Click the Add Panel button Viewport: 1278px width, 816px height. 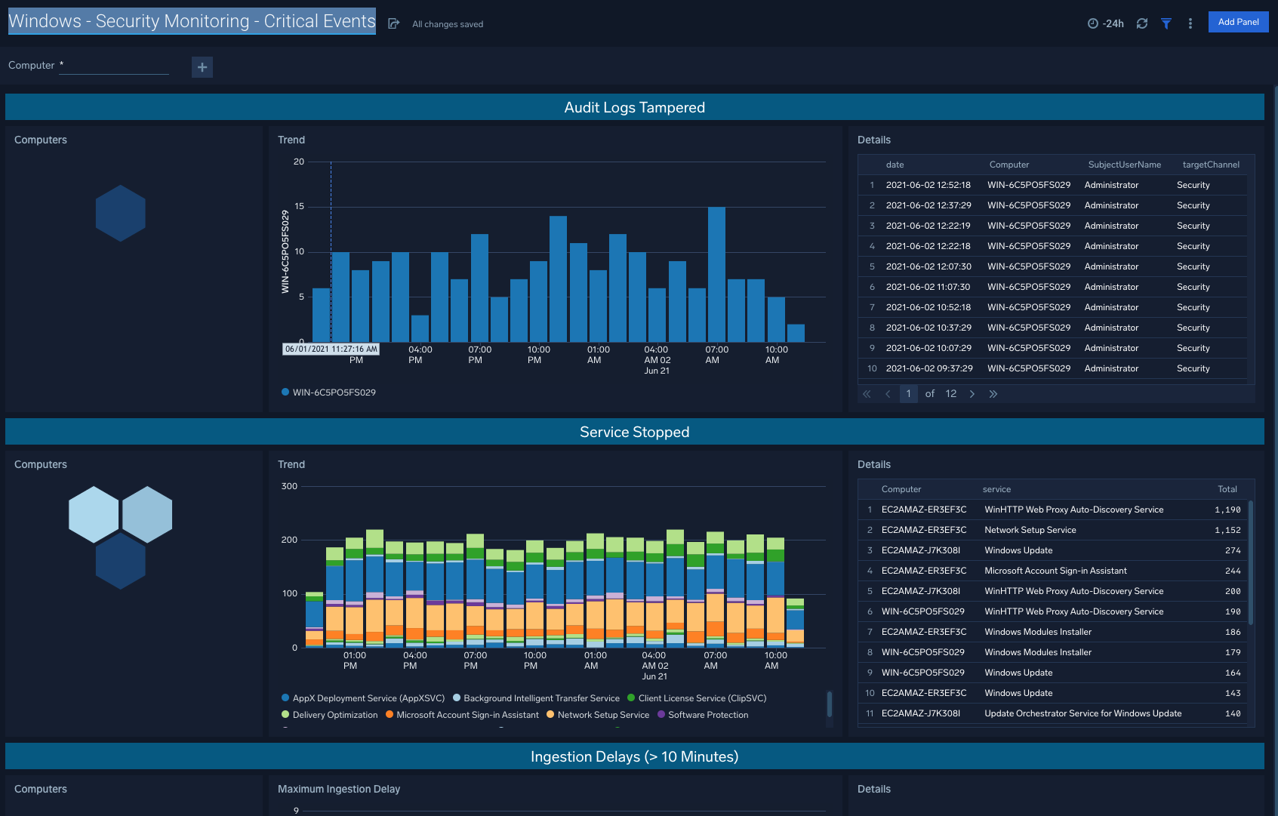[x=1238, y=22]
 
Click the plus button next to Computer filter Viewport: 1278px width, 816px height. [x=202, y=67]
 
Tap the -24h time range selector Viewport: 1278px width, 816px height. [x=1106, y=23]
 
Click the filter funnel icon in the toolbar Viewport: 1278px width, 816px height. [x=1166, y=23]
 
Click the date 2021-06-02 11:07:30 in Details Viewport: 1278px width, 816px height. [x=928, y=287]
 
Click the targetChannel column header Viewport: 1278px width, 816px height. [x=1210, y=165]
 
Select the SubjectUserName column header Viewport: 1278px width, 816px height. [x=1124, y=165]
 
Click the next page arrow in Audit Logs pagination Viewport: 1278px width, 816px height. [x=972, y=394]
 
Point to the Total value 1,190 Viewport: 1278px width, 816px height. [x=1227, y=510]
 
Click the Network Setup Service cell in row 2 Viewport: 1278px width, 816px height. [x=1030, y=531]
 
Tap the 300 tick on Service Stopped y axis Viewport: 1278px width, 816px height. [x=289, y=486]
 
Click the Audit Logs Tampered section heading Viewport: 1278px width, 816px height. [x=634, y=107]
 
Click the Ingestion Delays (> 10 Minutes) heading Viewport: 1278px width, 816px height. [x=634, y=756]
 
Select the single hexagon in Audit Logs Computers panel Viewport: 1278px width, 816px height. [x=120, y=214]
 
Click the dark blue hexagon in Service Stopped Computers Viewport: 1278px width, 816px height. [x=120, y=561]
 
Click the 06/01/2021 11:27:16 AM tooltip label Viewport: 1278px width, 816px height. [x=331, y=349]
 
